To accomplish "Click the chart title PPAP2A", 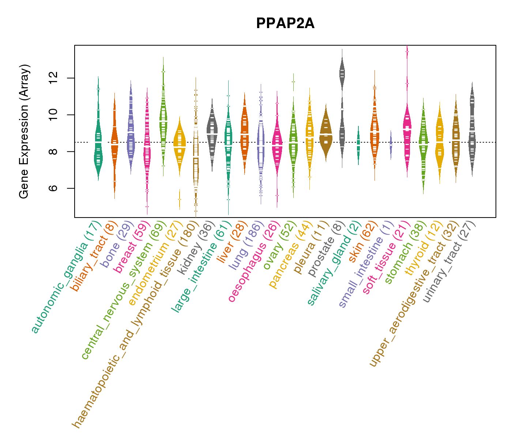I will click(285, 23).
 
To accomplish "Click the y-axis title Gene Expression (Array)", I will click(24, 132).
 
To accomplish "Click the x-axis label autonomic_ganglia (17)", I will click(66, 277).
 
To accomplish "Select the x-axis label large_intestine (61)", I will click(201, 266).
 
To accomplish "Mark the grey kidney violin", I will click(212, 131).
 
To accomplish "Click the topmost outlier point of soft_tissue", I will click(407, 52).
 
